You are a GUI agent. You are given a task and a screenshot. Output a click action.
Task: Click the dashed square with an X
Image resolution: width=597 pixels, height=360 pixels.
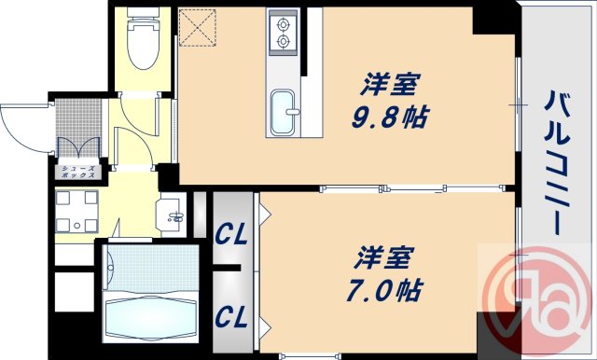point(198,26)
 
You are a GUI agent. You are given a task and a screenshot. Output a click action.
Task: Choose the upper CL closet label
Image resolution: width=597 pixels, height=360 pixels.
point(232,235)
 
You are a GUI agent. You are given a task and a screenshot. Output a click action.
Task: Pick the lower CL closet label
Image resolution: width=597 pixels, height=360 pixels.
point(232,317)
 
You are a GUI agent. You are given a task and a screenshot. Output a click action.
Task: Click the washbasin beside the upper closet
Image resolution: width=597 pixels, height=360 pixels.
point(174,216)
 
